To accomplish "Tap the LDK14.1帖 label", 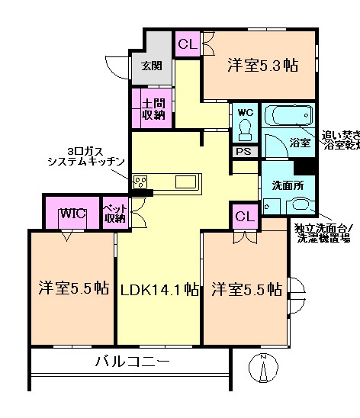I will pos(159,290).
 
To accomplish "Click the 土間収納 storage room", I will pos(153,108).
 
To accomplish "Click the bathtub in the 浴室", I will pos(286,117).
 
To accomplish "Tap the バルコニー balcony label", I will pos(132,361).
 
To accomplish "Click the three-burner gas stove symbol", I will pos(140,182).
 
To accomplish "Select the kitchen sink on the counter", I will pos(185,182).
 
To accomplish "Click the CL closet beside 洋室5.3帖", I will pos(187,45).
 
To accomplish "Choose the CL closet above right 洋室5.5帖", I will pos(244,217).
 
